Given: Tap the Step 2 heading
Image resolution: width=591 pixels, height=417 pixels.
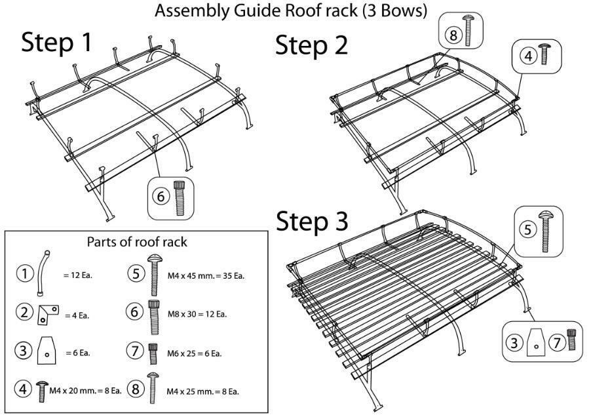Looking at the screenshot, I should click(311, 45).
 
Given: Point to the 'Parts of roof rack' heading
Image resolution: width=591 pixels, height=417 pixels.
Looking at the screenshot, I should click(137, 242).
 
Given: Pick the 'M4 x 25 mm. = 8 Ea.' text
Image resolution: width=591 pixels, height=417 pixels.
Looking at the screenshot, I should click(202, 391).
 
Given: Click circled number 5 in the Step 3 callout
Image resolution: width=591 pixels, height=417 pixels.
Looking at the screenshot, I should click(528, 230).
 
